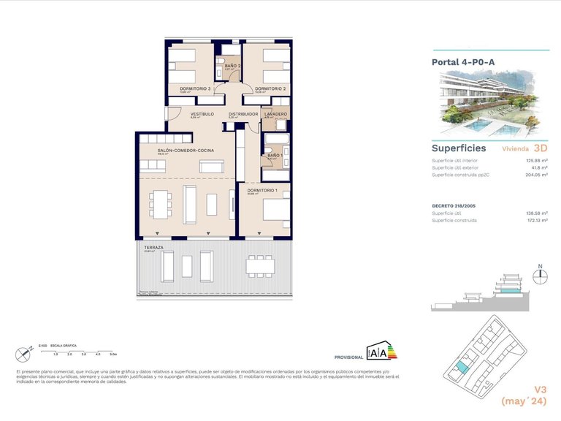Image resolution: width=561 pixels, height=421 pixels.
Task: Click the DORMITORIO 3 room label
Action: (194, 88)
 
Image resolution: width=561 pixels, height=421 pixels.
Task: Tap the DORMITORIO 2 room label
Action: (270, 88)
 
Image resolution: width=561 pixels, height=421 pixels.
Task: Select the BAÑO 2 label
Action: (232, 67)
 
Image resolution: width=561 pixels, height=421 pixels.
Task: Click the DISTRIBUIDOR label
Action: (243, 114)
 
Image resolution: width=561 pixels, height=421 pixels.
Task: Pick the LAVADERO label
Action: (276, 114)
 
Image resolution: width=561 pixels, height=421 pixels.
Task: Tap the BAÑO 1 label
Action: (274, 156)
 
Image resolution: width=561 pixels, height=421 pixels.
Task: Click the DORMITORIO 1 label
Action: (262, 190)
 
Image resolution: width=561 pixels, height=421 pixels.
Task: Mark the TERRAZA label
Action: (154, 248)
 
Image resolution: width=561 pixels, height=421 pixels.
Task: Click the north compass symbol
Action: (540, 276)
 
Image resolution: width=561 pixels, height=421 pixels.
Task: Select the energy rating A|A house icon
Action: (381, 351)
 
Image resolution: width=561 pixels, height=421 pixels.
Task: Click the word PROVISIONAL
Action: (348, 357)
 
